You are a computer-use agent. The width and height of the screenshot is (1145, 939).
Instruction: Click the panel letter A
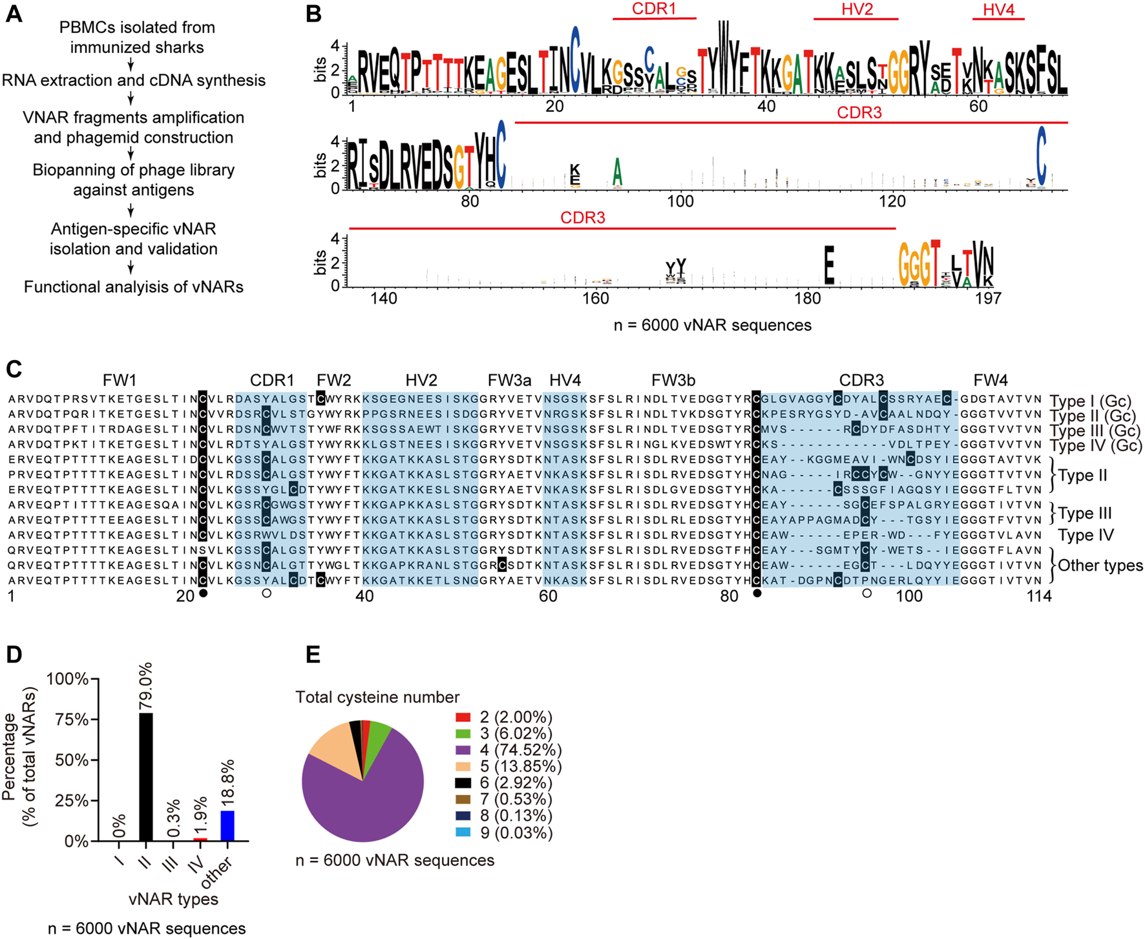pos(14,14)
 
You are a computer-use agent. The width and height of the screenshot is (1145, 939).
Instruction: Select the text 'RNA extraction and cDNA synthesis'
pos(134,80)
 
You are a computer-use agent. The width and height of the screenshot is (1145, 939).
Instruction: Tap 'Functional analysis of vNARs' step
pos(134,287)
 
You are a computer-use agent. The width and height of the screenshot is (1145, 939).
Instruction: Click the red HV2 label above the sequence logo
pos(857,10)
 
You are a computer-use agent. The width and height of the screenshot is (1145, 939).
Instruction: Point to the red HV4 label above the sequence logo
pos(998,10)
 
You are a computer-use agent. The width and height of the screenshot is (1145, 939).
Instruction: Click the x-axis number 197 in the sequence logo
pos(988,299)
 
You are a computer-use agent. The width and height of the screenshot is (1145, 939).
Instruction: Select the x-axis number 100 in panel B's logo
pos(680,202)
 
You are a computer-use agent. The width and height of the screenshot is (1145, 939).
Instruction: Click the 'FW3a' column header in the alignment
pos(510,380)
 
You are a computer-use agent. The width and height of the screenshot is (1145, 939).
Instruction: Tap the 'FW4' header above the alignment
pos(991,380)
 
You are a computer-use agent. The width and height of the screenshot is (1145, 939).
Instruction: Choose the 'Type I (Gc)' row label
pos(1091,401)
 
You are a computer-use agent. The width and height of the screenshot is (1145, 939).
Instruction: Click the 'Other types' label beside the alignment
pos(1100,565)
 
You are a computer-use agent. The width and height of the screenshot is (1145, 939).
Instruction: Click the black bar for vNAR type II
pos(147,776)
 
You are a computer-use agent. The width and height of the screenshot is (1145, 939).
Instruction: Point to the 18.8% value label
pos(227,782)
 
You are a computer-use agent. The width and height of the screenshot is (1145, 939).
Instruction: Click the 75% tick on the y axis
pos(72,719)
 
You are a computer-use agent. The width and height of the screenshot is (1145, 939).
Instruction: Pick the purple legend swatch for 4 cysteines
pos(463,750)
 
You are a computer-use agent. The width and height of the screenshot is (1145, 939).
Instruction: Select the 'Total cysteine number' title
pos(377,697)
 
